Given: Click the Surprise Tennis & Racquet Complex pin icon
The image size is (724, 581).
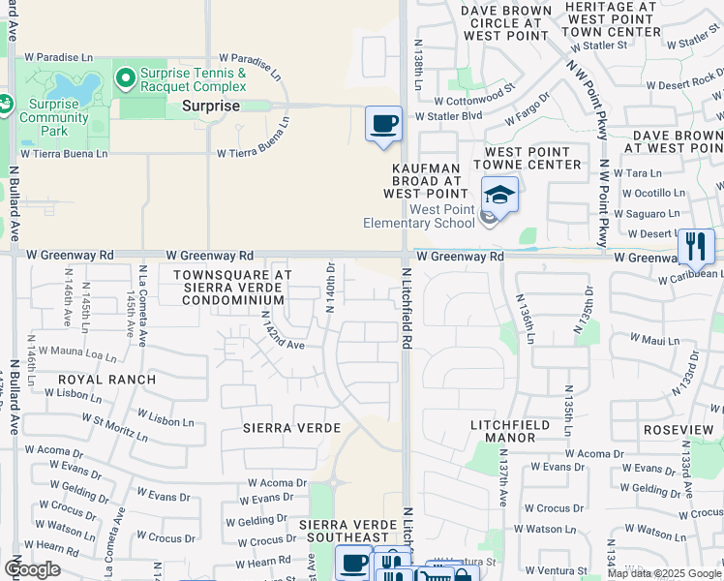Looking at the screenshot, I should pyautogui.click(x=125, y=76).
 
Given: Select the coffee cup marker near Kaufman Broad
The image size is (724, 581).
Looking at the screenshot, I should pyautogui.click(x=384, y=125).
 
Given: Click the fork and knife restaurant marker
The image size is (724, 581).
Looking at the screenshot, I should pyautogui.click(x=695, y=246).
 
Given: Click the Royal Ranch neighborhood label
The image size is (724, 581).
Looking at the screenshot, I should pyautogui.click(x=107, y=379).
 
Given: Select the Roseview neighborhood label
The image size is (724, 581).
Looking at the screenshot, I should pyautogui.click(x=679, y=430).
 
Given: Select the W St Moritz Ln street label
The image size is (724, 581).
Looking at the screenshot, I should pyautogui.click(x=115, y=428).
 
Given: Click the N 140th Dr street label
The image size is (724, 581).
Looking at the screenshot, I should pyautogui.click(x=331, y=288).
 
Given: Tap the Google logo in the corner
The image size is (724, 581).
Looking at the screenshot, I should pyautogui.click(x=33, y=569).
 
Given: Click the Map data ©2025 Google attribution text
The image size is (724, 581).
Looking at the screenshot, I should pyautogui.click(x=664, y=573).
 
